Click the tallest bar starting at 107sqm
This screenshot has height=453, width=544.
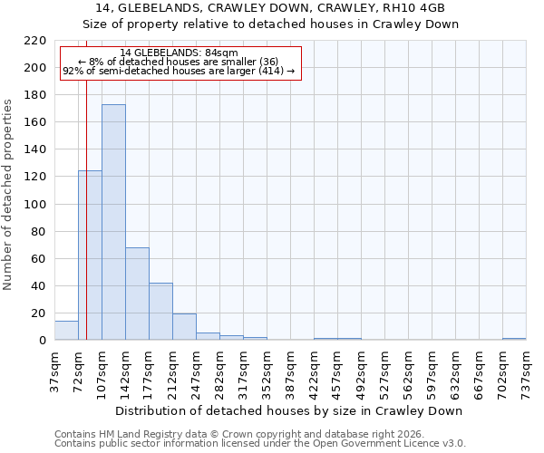tap(113, 222)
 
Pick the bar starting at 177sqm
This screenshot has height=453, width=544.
tap(160, 312)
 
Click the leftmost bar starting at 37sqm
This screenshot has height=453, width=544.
tap(66, 331)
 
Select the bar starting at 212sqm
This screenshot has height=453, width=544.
tap(184, 327)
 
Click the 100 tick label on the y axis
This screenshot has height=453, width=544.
tap(37, 205)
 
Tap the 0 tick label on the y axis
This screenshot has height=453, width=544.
tap(44, 341)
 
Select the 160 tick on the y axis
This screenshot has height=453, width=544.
tap(37, 122)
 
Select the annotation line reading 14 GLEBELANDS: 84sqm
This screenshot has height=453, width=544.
tap(179, 53)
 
